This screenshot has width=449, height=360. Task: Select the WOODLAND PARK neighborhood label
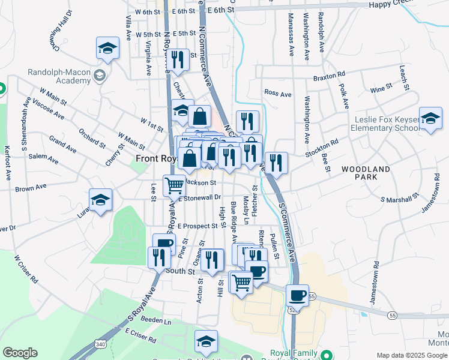(367, 173)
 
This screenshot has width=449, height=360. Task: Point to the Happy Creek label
(426, 5)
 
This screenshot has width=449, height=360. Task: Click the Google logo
(20, 353)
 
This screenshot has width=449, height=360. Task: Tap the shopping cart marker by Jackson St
(174, 185)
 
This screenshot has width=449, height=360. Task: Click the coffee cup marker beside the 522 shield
(297, 295)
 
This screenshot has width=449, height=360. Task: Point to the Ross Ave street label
(277, 94)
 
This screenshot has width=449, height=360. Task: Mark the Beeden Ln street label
(156, 321)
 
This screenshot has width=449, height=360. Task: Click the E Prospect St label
(197, 226)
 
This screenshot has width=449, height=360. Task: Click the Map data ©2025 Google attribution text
(412, 355)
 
